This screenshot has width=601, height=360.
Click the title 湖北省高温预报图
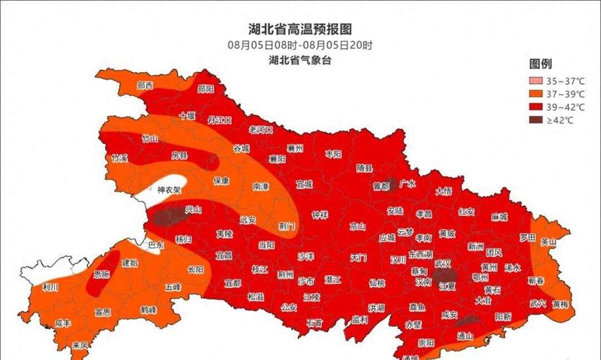300,30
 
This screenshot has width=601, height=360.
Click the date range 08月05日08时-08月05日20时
300,45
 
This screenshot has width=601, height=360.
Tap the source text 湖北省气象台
300,60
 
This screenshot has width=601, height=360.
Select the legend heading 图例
541,64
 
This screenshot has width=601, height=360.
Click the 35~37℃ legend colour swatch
536,81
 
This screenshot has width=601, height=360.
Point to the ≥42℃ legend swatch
536,120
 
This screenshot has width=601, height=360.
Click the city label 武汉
442,265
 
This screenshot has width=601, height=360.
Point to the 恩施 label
101,274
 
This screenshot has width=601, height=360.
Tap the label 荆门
286,225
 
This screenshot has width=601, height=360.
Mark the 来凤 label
80,346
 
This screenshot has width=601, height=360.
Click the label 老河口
260,130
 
